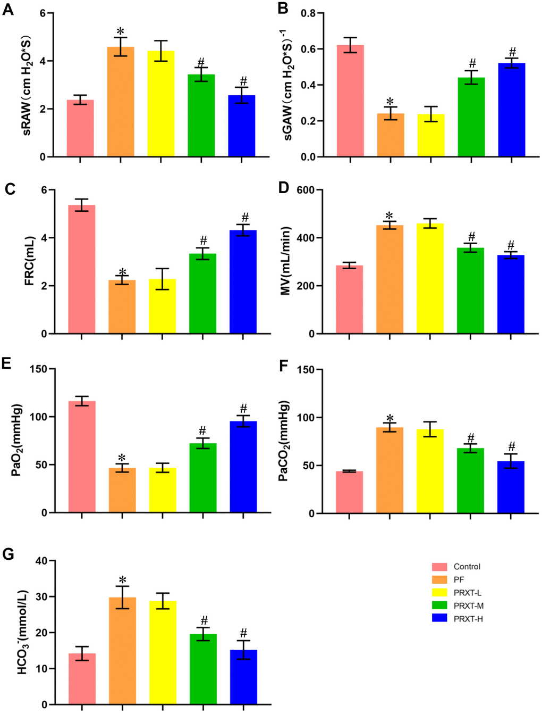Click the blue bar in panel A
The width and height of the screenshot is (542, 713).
[x=242, y=126]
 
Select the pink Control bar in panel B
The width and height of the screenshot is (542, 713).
[x=350, y=101]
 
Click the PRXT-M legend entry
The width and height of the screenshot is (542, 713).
[x=468, y=606]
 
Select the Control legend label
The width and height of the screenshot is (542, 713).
[x=467, y=567]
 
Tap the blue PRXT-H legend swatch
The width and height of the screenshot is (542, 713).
[x=439, y=618]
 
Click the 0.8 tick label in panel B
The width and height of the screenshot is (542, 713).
[x=308, y=13]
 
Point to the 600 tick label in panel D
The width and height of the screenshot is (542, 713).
[x=306, y=190]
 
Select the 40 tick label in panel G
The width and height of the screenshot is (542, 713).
[x=41, y=561]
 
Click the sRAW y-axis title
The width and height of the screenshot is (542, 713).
[x=26, y=85]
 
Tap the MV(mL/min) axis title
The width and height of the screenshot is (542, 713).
[x=285, y=261]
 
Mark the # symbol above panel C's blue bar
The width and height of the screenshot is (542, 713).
[x=245, y=217]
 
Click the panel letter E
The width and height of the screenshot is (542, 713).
[x=7, y=363]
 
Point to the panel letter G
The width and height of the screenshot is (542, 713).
[x=8, y=554]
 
